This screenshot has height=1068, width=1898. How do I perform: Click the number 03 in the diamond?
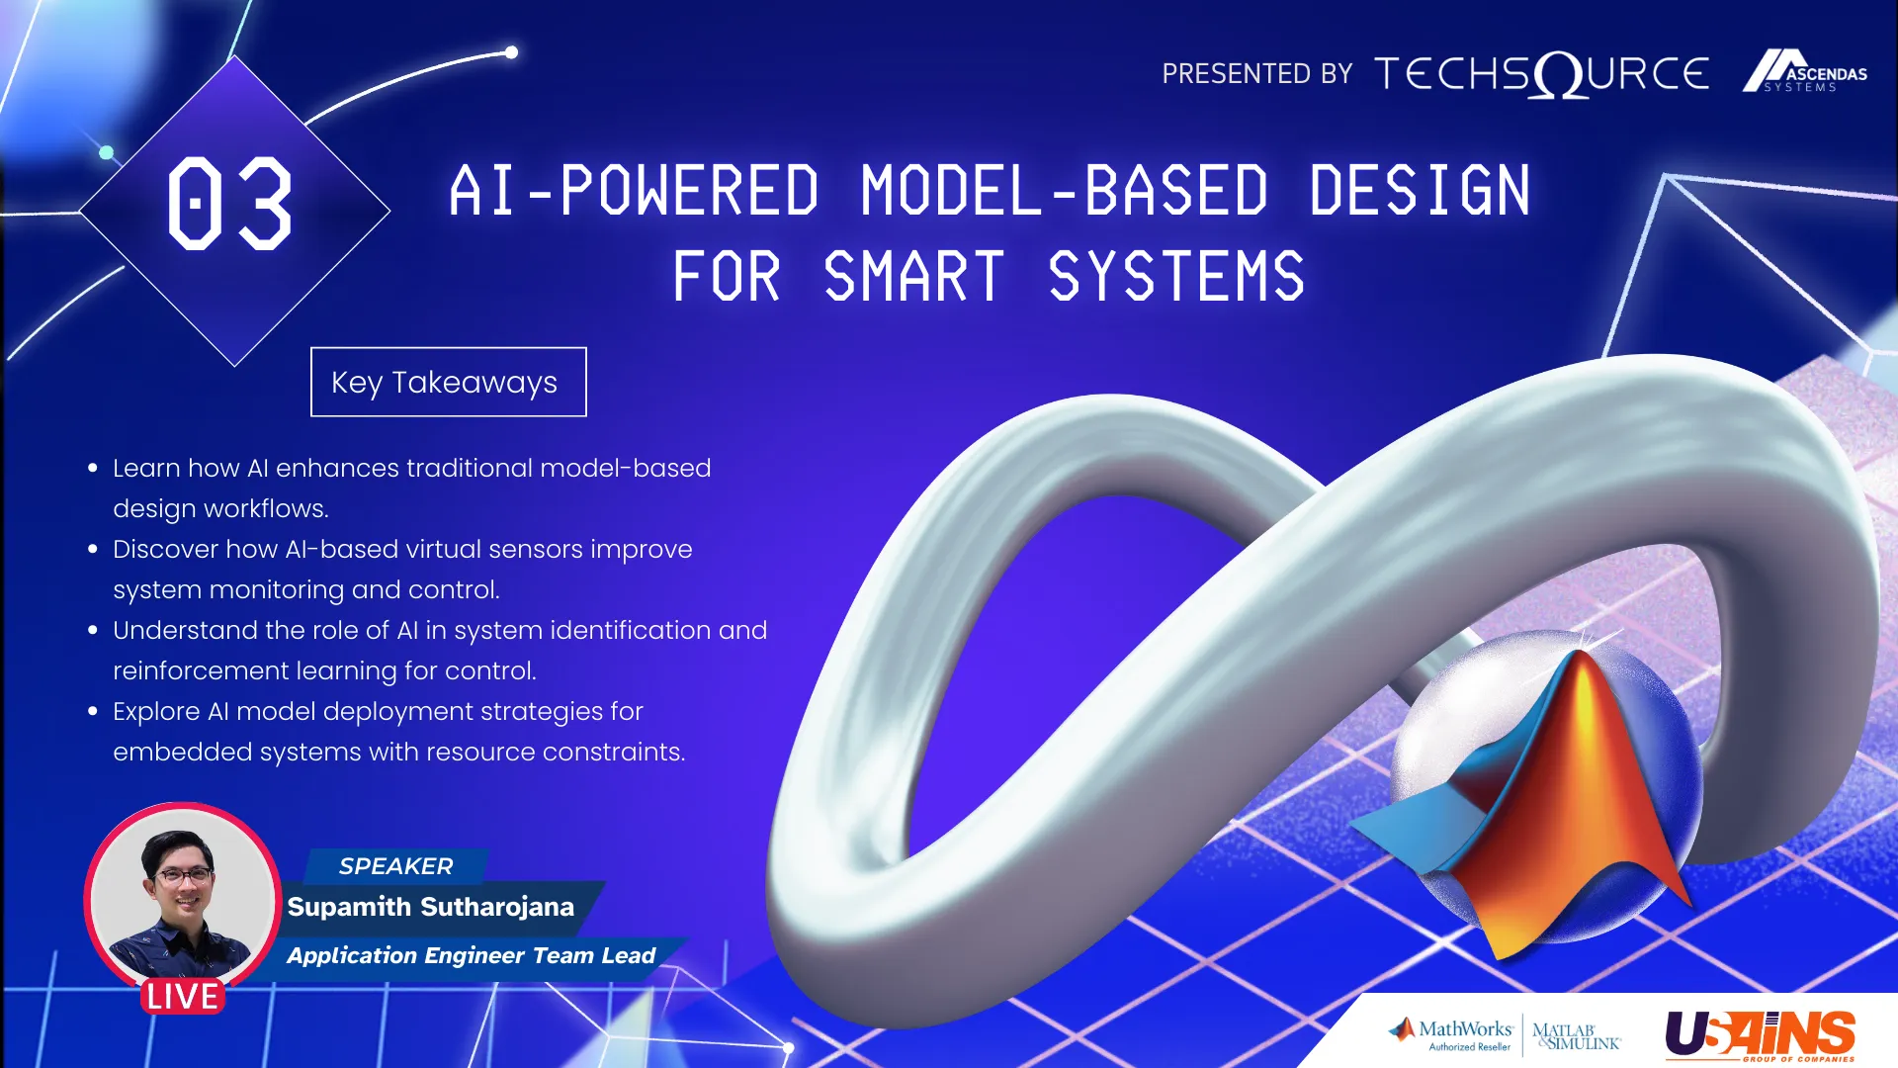(230, 204)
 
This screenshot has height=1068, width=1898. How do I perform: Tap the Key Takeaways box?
(449, 382)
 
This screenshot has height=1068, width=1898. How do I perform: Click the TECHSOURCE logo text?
(1541, 74)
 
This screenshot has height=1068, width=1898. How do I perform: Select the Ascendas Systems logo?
(1804, 71)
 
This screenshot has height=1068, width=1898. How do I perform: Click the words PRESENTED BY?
(1256, 74)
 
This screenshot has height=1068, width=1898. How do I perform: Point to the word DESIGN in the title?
(1421, 191)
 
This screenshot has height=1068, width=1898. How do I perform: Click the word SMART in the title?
(914, 277)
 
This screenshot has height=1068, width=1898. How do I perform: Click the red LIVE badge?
(183, 996)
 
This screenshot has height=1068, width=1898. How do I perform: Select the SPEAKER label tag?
(395, 866)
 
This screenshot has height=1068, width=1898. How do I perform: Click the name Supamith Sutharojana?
(431, 907)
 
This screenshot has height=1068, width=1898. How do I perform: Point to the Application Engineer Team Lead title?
(471, 955)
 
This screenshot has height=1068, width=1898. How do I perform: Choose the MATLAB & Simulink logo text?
(1577, 1036)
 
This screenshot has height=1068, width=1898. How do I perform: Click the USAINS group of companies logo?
(1761, 1035)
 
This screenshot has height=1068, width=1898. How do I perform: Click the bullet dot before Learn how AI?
(93, 468)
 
